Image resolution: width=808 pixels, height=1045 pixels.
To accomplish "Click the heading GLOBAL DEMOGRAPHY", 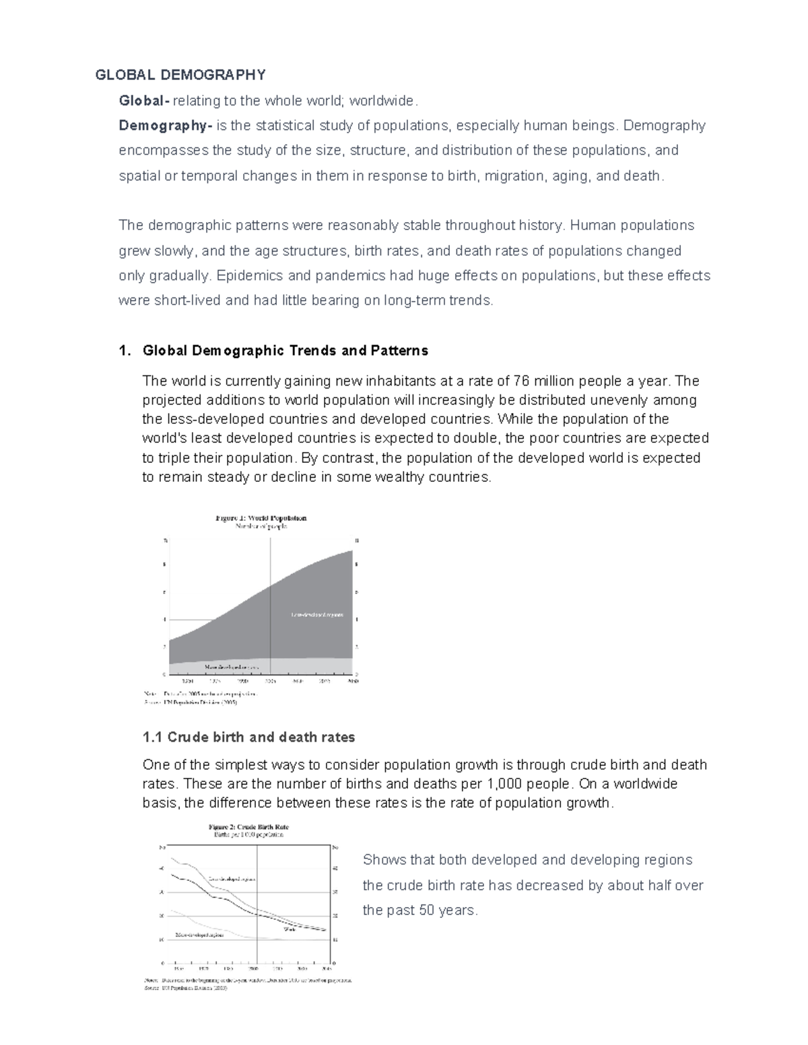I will pos(180,75).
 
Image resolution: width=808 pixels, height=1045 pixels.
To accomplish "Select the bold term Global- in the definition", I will pos(143,101).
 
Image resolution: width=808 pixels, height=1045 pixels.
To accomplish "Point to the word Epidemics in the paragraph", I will pos(244,276).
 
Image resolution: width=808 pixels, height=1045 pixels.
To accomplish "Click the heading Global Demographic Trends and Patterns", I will pos(285,351).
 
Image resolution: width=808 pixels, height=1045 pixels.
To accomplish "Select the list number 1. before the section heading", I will pos(123,351).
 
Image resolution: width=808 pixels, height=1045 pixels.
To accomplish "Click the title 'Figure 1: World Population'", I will pos(261,518).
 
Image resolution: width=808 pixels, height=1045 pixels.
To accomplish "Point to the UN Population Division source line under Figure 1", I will pos(191,703).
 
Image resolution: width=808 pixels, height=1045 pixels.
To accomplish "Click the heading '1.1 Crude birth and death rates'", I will pos(248,737).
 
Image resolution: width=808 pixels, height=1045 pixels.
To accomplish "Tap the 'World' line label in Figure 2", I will pos(290,929).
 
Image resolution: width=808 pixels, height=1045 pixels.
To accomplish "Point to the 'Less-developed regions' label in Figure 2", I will pos(232,879).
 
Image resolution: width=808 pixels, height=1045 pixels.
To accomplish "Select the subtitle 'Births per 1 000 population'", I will pos(248,835).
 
